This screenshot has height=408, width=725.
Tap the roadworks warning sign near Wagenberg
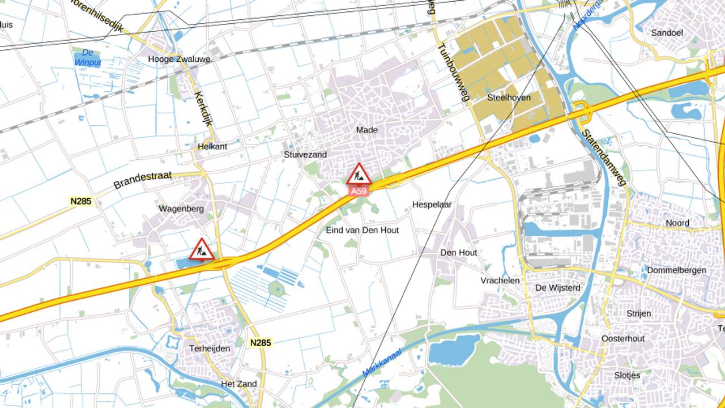pyautogui.click(x=202, y=249)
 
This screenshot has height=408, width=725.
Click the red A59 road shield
pyautogui.click(x=359, y=192)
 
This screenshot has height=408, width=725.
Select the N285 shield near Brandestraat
pyautogui.click(x=82, y=201)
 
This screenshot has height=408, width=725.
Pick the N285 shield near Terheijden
pyautogui.click(x=261, y=342)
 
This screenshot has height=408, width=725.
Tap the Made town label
pyautogui.click(x=366, y=130)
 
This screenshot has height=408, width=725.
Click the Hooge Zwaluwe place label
pyautogui.click(x=171, y=59)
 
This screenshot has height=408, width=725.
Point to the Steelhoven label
pyautogui.click(x=509, y=97)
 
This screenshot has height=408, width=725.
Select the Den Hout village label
pyautogui.click(x=459, y=253)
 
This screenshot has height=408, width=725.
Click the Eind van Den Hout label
pyautogui.click(x=362, y=230)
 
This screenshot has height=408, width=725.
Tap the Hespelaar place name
pyautogui.click(x=432, y=205)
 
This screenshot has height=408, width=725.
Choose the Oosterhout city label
pyautogui.click(x=622, y=338)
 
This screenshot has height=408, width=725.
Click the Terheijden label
pyautogui.click(x=210, y=348)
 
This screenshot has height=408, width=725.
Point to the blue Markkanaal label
pyautogui.click(x=382, y=363)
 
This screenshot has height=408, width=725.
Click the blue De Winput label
pyautogui.click(x=87, y=57)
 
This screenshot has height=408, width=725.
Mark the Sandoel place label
pyautogui.click(x=667, y=33)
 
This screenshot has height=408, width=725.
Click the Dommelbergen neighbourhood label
pyautogui.click(x=676, y=270)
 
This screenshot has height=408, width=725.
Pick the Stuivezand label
pyautogui.click(x=305, y=154)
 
